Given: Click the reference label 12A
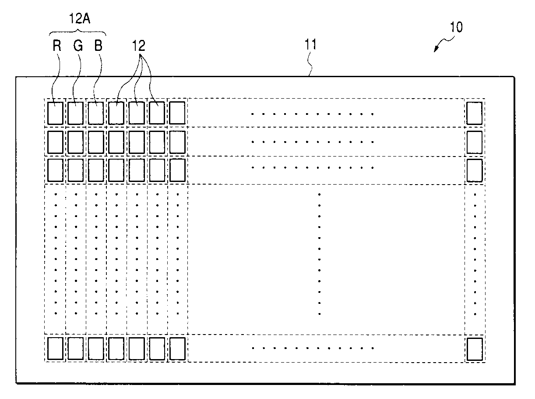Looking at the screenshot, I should click(78, 21).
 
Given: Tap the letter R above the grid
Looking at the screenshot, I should click(57, 46).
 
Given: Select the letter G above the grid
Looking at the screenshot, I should click(78, 46).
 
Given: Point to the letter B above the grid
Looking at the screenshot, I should click(98, 46).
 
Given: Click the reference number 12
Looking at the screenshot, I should click(139, 46).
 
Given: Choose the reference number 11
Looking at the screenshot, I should click(310, 44).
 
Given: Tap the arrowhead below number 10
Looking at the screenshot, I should click(436, 49).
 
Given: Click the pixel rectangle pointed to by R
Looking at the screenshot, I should click(55, 113).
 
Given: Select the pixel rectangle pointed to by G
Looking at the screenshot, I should click(75, 113).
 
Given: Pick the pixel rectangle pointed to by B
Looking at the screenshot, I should click(96, 113).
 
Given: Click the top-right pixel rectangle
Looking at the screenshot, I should click(474, 113).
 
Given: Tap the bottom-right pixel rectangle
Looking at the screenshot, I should click(475, 349).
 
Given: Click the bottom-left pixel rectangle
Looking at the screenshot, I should click(55, 349).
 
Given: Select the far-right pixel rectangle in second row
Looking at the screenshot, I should click(474, 142).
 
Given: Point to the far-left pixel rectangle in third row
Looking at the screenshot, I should click(55, 170).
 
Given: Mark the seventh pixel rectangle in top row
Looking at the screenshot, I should click(177, 113).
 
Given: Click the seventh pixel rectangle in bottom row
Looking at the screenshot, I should click(177, 349).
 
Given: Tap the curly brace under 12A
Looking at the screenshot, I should click(78, 32).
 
